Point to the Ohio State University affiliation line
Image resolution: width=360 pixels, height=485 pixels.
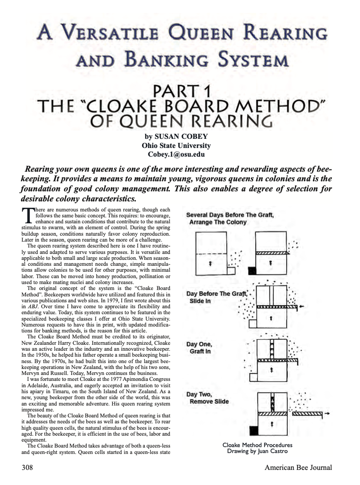point(176,146)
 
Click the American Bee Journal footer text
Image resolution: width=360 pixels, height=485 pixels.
point(298,467)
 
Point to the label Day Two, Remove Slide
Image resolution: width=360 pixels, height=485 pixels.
point(207,398)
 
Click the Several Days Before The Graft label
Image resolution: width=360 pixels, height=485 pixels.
point(230,218)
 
